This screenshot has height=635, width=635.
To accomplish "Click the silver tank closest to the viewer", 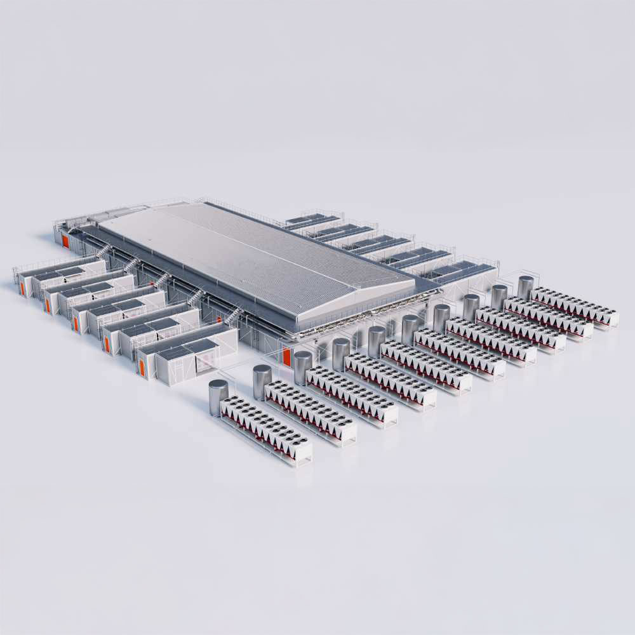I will click(x=218, y=397).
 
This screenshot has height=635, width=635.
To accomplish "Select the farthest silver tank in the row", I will click(x=526, y=287).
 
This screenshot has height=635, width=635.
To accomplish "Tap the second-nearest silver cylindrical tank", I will click(x=262, y=381).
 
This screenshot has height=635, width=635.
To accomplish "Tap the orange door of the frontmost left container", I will click(x=142, y=366).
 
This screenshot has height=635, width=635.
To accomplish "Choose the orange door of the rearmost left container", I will click(x=22, y=288).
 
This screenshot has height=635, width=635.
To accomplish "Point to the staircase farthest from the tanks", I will click(x=102, y=251).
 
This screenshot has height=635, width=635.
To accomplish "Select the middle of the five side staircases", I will click(x=164, y=279).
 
